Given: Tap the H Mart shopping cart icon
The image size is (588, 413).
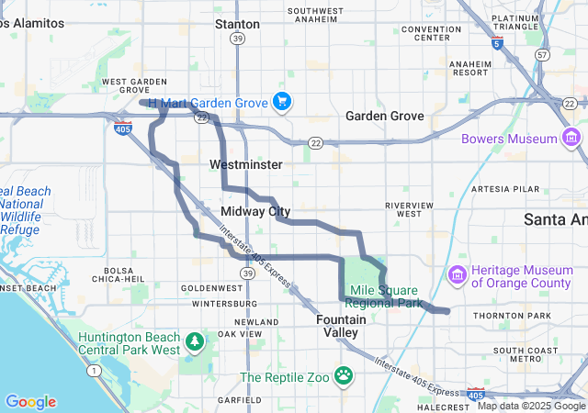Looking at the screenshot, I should pyautogui.click(x=282, y=102).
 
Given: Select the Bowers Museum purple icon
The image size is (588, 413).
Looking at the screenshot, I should pyautogui.click(x=571, y=139).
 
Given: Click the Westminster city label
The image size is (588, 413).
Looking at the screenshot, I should pyautogui.click(x=246, y=164).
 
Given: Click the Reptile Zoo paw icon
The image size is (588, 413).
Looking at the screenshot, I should pyautogui.click(x=344, y=374).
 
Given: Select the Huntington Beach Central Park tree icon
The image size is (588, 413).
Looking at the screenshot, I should pyautogui.click(x=194, y=342).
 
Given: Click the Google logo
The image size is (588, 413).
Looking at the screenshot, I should pyautogui.click(x=30, y=402).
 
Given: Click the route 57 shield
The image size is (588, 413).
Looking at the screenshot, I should pyautogui.click(x=543, y=55).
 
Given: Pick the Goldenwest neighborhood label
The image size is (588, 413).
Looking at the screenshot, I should pyautogui.click(x=212, y=287).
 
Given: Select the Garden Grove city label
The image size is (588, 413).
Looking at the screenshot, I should pyautogui.click(x=384, y=117).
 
